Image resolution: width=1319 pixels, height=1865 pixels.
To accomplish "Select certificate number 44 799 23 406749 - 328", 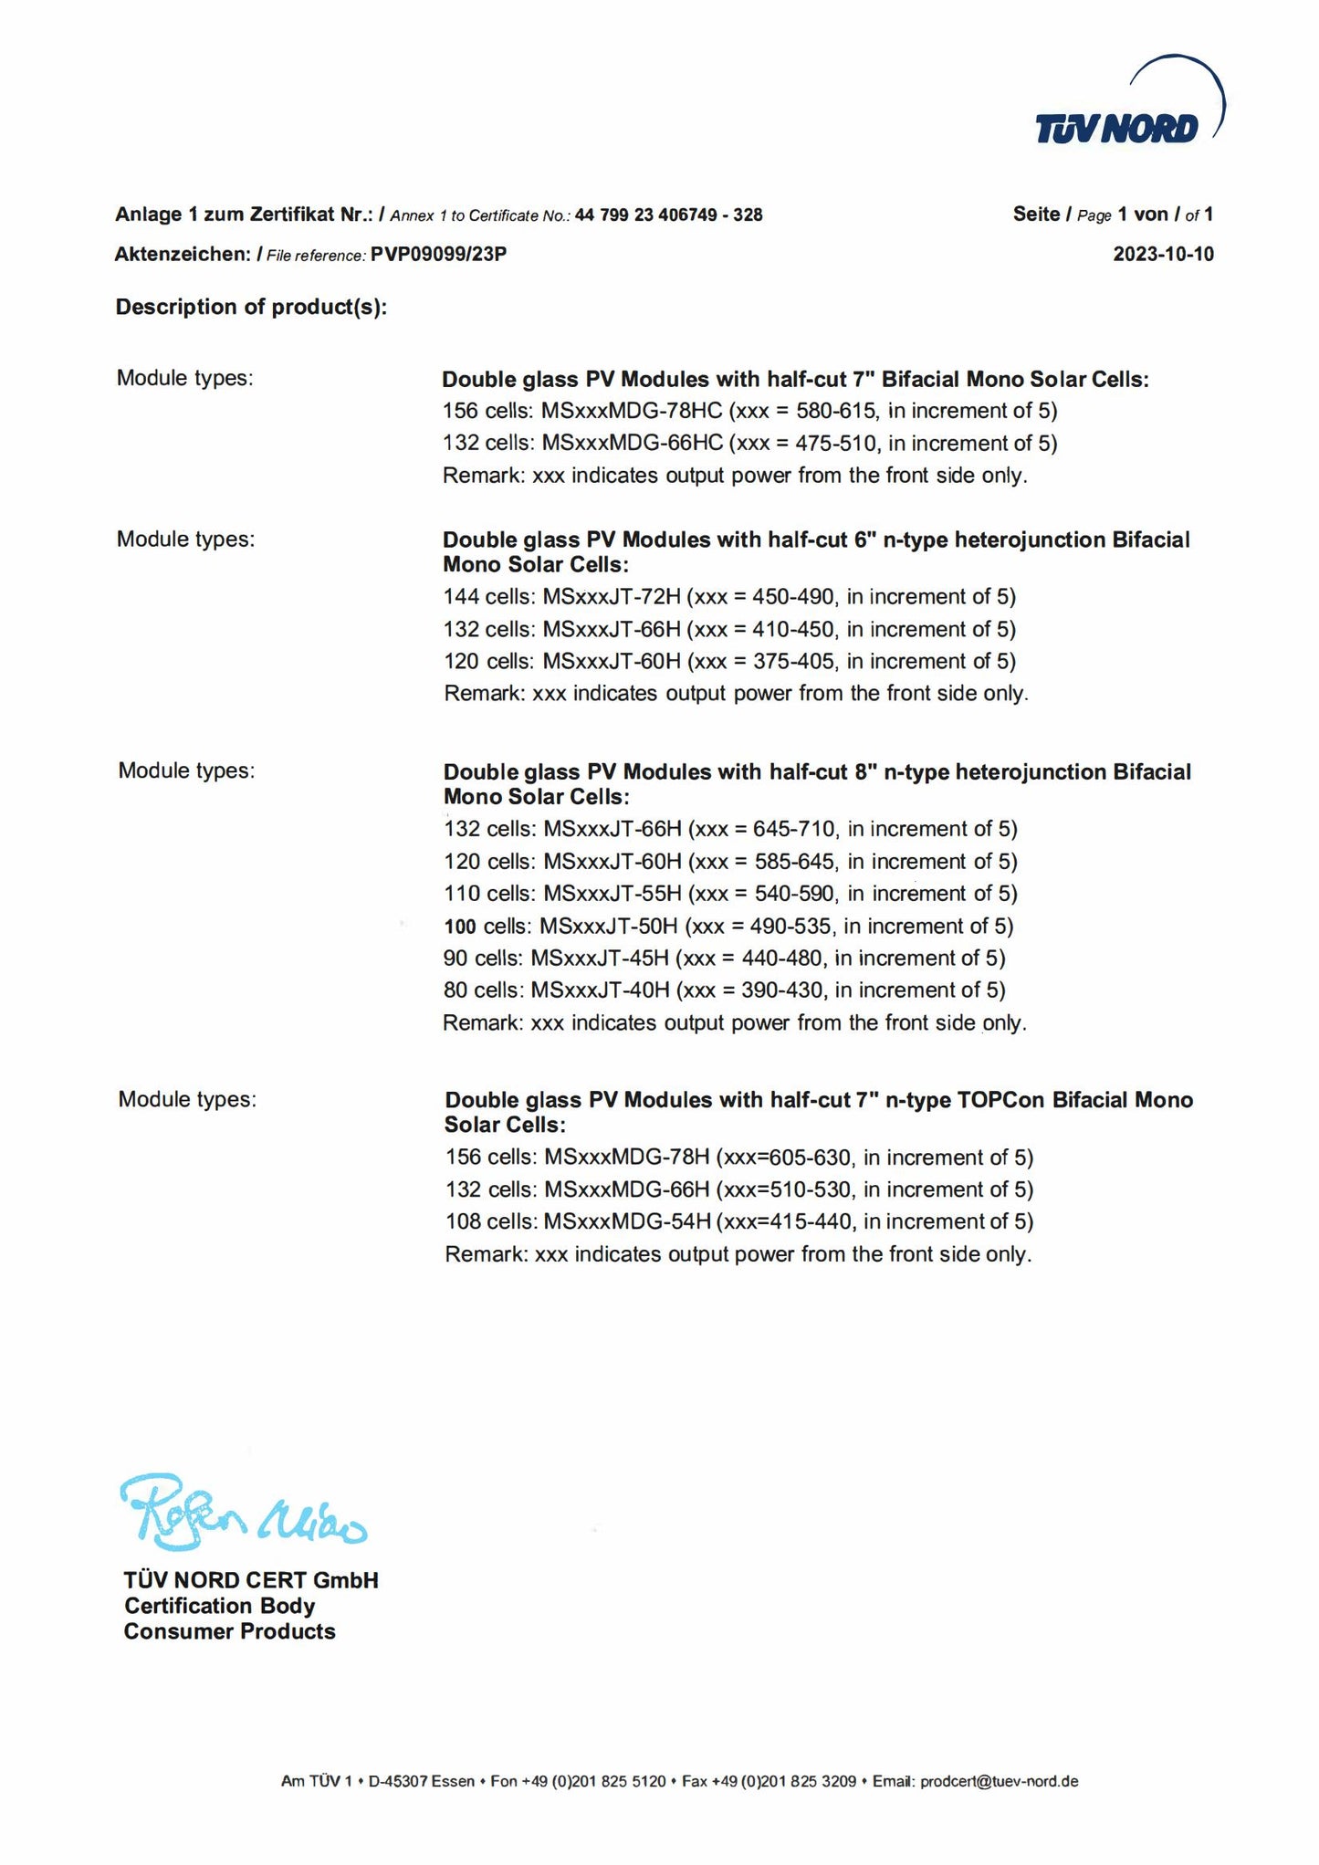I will click(x=668, y=215).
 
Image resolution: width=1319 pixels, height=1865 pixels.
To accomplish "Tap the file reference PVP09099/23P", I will click(x=438, y=255).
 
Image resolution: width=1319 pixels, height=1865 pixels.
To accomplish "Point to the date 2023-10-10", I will click(x=1163, y=255).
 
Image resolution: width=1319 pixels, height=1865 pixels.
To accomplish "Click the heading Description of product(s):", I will click(x=251, y=308).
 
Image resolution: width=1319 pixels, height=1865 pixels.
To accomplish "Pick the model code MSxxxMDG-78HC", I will click(x=632, y=411).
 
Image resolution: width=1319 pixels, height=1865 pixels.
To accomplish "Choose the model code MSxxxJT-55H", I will click(x=612, y=894).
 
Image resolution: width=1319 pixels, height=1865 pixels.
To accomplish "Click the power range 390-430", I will click(x=782, y=990).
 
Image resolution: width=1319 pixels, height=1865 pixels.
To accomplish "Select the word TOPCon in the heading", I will click(x=1000, y=1100).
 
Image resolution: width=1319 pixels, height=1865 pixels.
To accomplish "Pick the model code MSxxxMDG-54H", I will click(x=627, y=1222).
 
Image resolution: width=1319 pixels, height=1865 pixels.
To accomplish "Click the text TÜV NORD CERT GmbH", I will click(x=251, y=1580).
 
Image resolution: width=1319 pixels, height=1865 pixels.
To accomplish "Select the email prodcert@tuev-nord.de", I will click(x=1000, y=1781).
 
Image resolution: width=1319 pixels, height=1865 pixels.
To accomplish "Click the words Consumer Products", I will click(x=229, y=1631).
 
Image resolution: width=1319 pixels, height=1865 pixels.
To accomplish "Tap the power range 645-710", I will click(x=794, y=830).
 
